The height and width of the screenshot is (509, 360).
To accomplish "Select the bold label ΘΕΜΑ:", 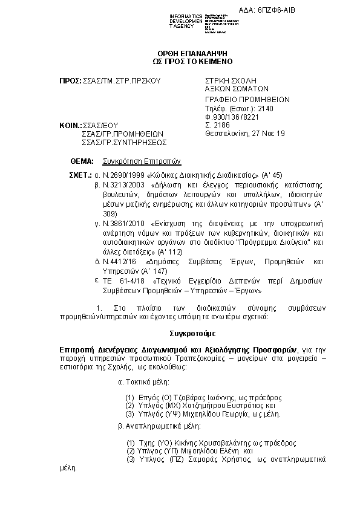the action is click(x=82, y=161).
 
